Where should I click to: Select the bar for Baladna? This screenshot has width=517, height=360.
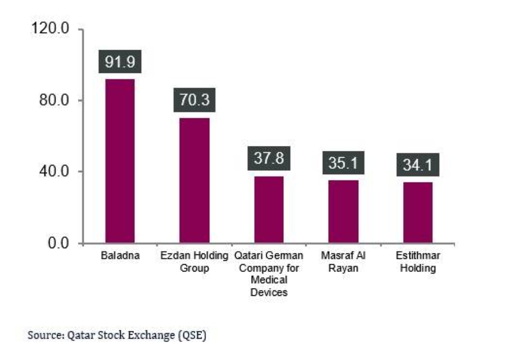click(x=119, y=160)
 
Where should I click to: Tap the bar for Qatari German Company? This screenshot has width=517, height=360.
click(x=269, y=209)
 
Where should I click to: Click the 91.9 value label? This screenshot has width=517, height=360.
click(x=119, y=62)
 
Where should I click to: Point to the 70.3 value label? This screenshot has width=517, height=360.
click(x=194, y=99)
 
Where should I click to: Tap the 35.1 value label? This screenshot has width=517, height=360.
click(x=343, y=163)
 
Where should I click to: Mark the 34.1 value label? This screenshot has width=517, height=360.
click(x=418, y=166)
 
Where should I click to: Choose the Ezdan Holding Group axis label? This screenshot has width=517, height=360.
click(x=194, y=262)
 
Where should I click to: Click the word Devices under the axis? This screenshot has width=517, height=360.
click(x=268, y=292)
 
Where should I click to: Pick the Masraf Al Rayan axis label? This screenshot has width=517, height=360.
click(x=343, y=262)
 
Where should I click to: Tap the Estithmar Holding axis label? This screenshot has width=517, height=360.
click(x=418, y=262)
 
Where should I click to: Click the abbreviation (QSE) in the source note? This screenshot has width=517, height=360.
click(x=193, y=335)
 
